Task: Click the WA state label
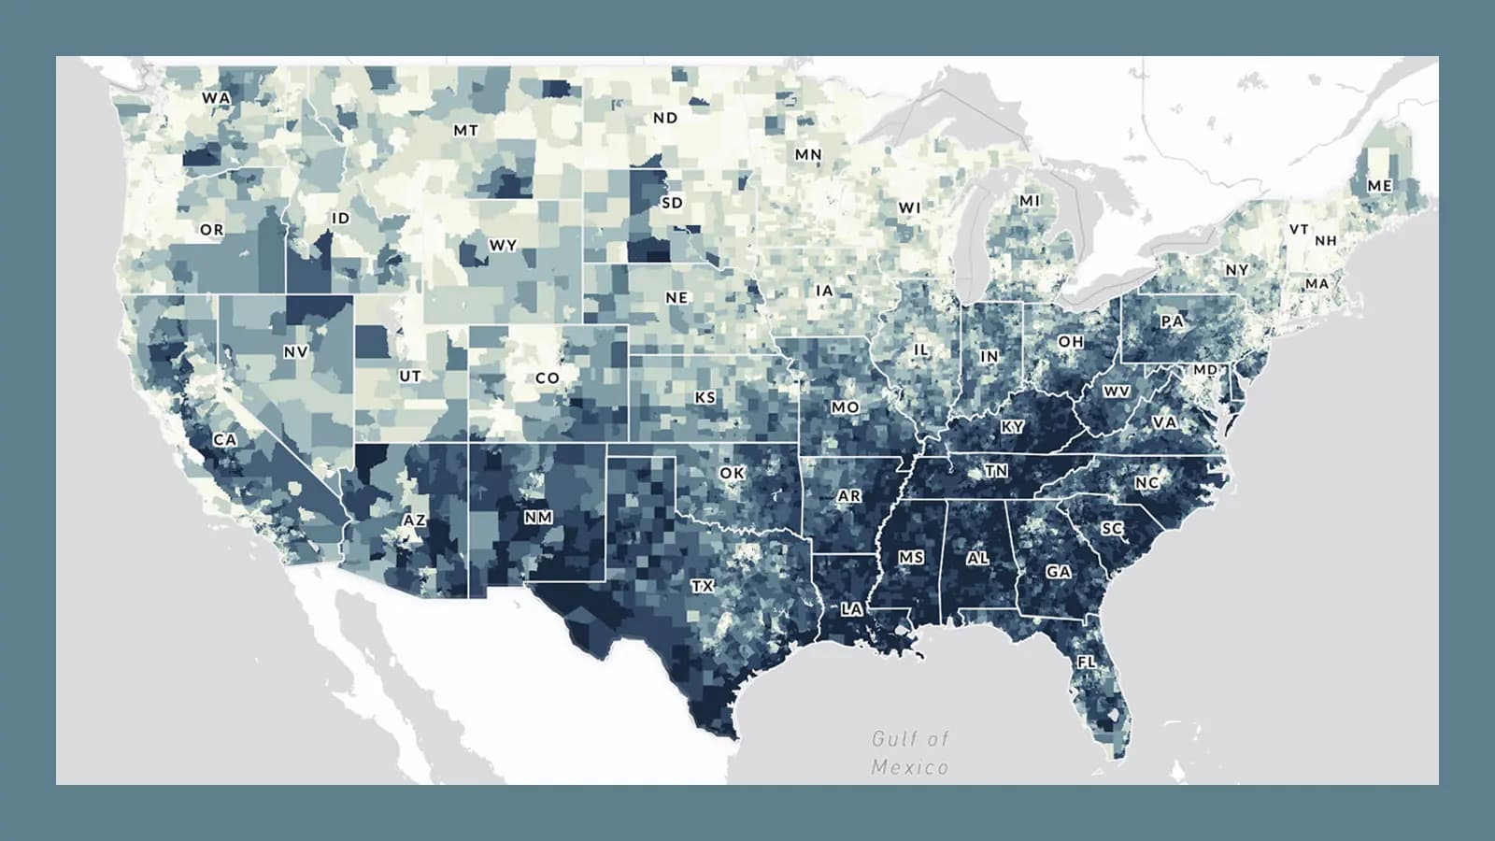(216, 97)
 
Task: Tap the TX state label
(703, 586)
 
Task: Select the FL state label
(1086, 662)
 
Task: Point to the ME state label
(1379, 186)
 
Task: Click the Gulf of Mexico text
(910, 753)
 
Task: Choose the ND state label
(665, 118)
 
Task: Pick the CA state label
(225, 439)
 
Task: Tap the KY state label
(1013, 427)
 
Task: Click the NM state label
(538, 517)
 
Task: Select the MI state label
(1030, 201)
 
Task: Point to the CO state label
(548, 378)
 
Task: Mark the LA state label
(852, 609)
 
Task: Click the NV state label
(295, 352)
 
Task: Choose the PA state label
(1173, 321)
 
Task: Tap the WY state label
(503, 246)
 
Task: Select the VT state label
(1299, 229)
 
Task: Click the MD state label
(1205, 370)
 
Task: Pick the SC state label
(1112, 529)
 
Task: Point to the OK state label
(732, 474)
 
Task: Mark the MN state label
(808, 154)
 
